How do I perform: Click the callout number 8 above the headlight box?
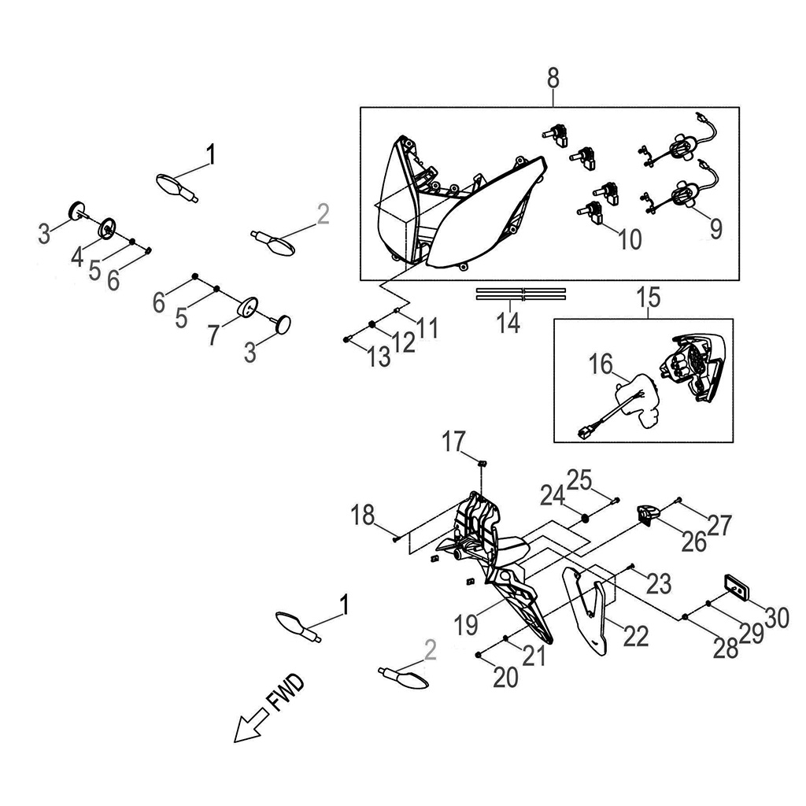[x=553, y=78]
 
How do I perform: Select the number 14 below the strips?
[x=509, y=323]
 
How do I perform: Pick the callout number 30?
[x=776, y=618]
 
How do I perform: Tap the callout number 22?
[x=636, y=636]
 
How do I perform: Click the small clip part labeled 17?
[x=485, y=462]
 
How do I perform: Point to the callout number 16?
[x=602, y=367]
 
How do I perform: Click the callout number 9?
[x=715, y=228]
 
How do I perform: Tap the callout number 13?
[x=378, y=358]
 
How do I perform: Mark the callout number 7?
[x=214, y=332]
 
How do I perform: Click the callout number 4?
[x=78, y=255]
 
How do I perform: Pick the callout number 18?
[x=363, y=517]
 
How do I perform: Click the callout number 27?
[x=719, y=524]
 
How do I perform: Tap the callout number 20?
[x=507, y=677]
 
